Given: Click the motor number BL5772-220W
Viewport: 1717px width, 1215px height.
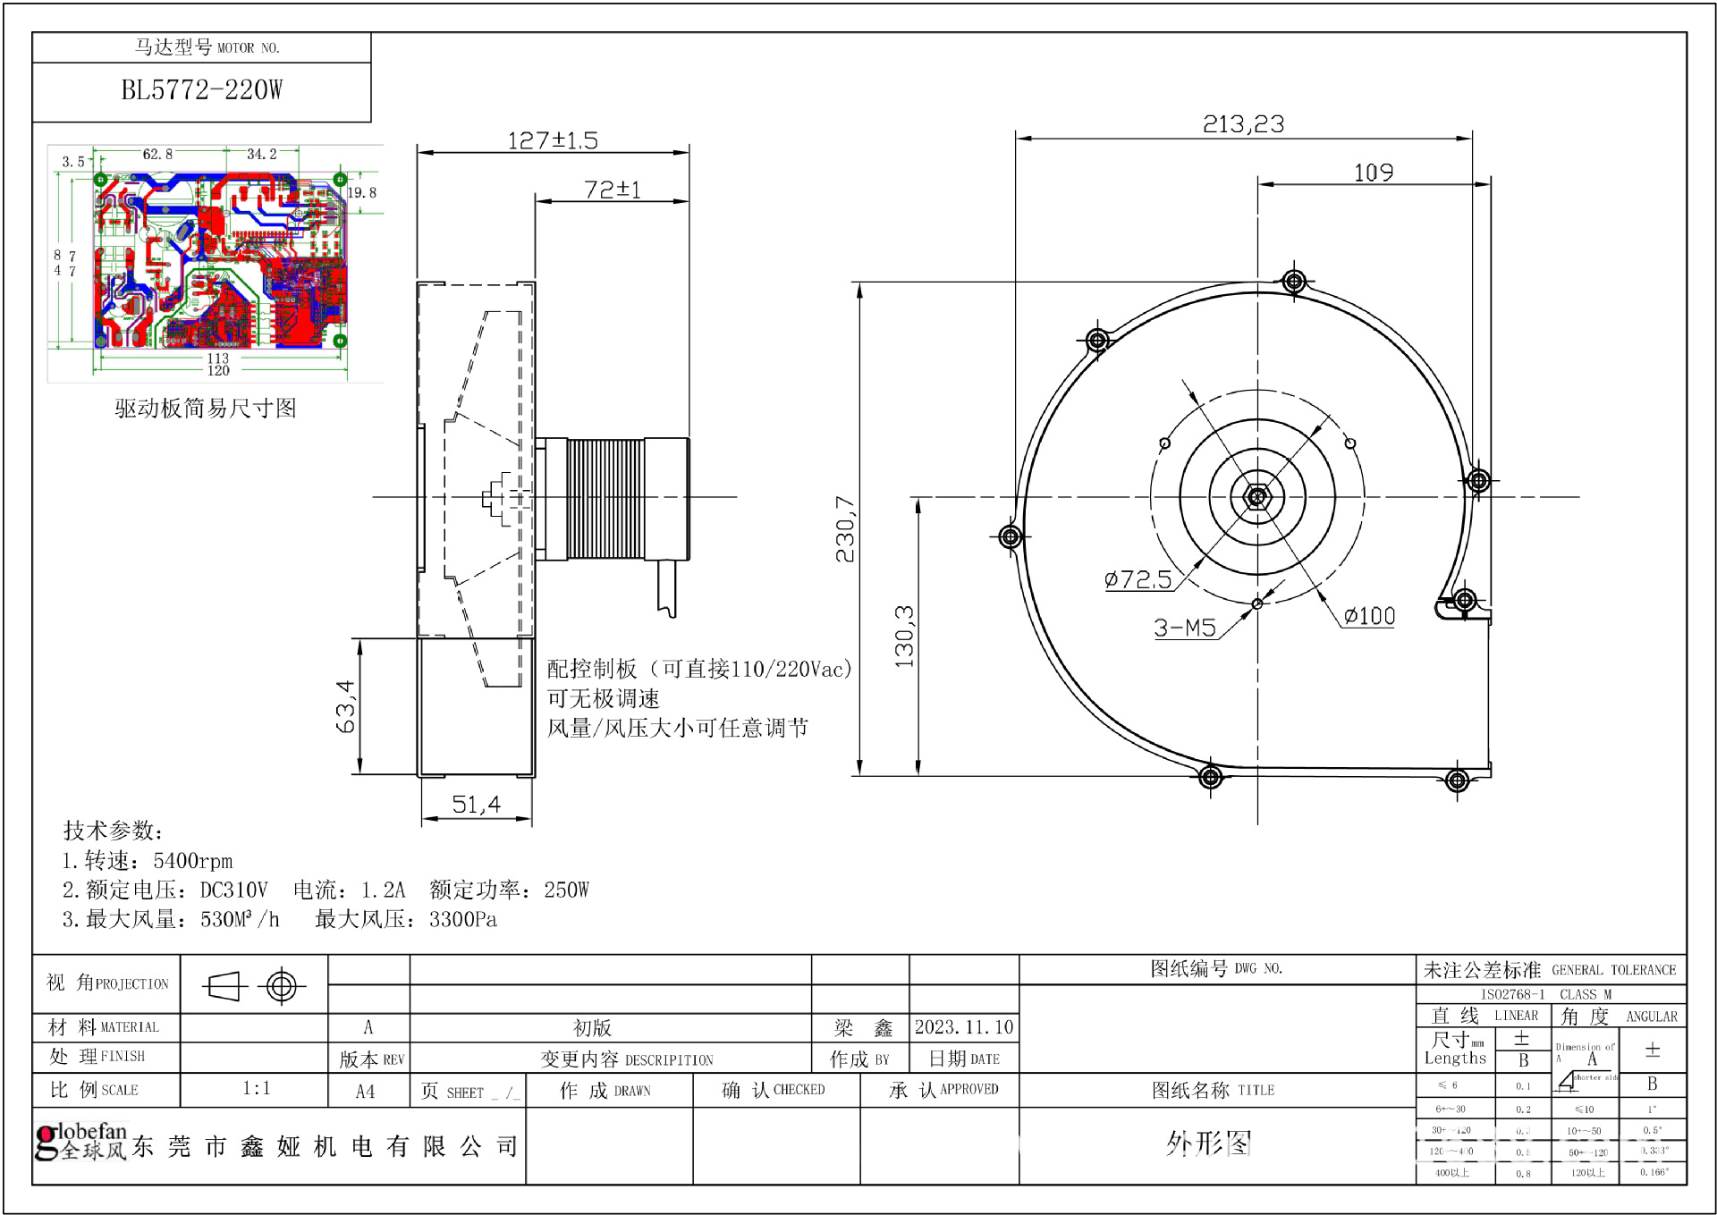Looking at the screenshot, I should [201, 90].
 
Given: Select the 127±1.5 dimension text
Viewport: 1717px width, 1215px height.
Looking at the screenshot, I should [552, 140].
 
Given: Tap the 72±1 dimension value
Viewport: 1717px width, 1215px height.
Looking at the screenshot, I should [612, 190].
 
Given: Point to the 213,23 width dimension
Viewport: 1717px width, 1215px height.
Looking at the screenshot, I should [1243, 124].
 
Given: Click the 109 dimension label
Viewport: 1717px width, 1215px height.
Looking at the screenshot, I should [1373, 173].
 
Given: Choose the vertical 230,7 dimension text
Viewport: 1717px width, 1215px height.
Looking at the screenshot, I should [845, 529].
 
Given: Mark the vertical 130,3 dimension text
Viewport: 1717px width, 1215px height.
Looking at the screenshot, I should [904, 637].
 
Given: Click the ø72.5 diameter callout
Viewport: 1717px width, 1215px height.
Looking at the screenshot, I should [1138, 579].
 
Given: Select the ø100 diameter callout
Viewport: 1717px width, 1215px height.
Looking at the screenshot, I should [1369, 616].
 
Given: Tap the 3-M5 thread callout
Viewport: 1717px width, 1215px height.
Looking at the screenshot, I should [1184, 628].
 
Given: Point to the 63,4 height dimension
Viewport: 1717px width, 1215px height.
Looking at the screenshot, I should [345, 706].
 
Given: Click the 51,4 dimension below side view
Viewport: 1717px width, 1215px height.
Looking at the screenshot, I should [476, 805].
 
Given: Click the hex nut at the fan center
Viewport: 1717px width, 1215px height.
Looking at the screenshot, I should [1256, 496].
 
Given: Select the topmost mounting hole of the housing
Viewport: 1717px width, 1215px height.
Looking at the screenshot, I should [1294, 282].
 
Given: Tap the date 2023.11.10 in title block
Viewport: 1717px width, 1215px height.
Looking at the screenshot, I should [963, 1027].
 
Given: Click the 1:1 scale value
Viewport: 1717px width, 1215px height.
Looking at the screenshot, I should [256, 1088].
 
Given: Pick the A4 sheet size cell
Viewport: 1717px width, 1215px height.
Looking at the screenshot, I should [365, 1092].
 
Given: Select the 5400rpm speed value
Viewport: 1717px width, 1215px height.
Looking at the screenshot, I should [192, 861].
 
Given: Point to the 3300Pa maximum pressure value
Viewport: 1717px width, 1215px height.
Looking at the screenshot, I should [462, 919].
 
